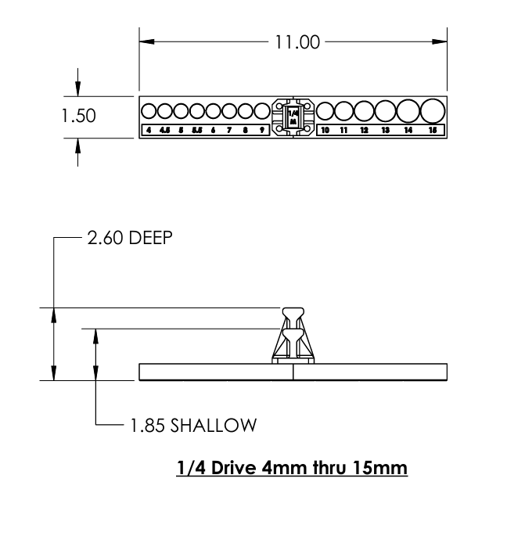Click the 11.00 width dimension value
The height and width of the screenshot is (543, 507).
coord(296,42)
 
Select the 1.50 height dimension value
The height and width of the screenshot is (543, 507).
coord(78,116)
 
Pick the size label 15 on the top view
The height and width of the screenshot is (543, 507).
coord(432,130)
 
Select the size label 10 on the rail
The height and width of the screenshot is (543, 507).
coord(325,130)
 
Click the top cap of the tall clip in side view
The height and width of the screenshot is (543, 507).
coord(293,311)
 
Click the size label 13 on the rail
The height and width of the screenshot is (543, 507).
coord(385,130)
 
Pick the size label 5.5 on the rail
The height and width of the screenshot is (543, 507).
coord(197,130)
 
